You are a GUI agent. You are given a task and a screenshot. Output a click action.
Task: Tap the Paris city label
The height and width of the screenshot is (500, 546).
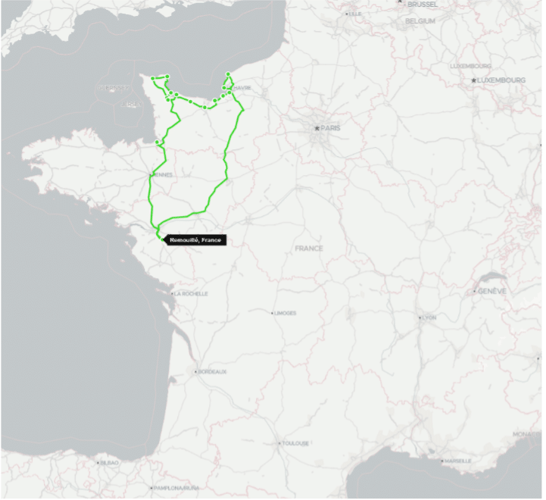pyautogui.click(x=330, y=129)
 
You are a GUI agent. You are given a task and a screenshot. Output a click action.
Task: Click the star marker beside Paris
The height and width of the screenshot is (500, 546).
pyautogui.click(x=317, y=129)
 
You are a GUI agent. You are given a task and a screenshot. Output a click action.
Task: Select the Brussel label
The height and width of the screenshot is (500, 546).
pyautogui.click(x=422, y=4)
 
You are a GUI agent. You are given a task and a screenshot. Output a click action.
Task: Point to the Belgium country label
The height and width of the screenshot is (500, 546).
pyautogui.click(x=420, y=21)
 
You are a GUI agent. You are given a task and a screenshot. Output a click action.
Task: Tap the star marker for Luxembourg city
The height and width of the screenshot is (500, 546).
pyautogui.click(x=473, y=80)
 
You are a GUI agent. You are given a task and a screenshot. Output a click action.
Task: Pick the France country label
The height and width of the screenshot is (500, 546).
pyautogui.click(x=309, y=248)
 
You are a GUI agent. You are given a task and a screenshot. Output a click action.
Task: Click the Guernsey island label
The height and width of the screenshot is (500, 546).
pyautogui.click(x=112, y=88)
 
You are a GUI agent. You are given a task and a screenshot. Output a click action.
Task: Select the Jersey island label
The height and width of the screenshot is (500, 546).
pyautogui.click(x=131, y=105)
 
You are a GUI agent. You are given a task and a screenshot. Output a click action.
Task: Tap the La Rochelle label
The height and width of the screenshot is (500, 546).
pyautogui.click(x=190, y=293)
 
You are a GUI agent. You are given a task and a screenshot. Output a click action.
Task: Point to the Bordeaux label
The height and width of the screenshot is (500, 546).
pyautogui.click(x=212, y=372)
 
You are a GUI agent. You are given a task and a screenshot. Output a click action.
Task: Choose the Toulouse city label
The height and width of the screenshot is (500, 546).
pyautogui.click(x=295, y=443)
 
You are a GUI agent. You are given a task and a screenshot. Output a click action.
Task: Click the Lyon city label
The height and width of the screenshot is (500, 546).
pyautogui.click(x=429, y=317)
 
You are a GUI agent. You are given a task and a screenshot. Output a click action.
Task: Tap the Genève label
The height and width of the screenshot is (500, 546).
pyautogui.click(x=492, y=291)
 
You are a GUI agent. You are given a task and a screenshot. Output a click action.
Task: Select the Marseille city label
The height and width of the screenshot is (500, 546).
pyautogui.click(x=457, y=461)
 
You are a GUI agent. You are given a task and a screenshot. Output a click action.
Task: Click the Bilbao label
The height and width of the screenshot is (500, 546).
pyautogui.click(x=108, y=462)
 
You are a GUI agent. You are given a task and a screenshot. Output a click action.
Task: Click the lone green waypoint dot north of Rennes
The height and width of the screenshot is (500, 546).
pyautogui.click(x=158, y=142)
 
